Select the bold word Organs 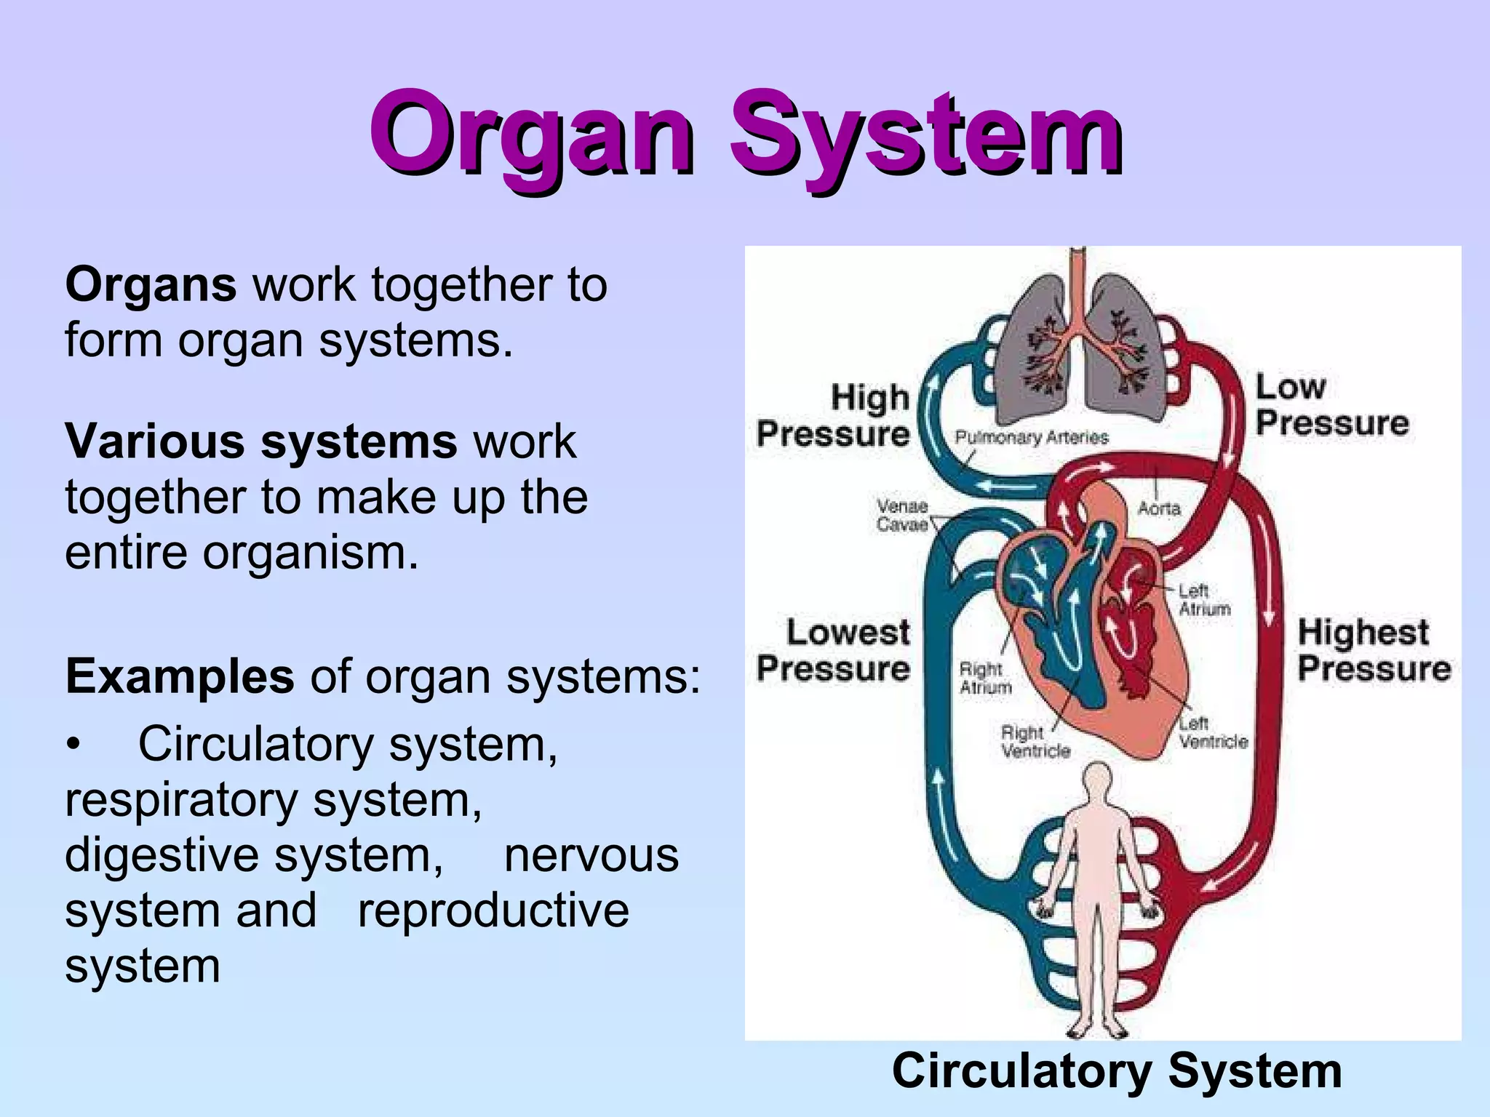[151, 284]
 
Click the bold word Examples [180, 676]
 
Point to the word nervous [591, 855]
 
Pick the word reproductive [493, 910]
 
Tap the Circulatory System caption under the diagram [1117, 1071]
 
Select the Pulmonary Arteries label [1031, 437]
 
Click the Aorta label [1158, 508]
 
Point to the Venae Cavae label [902, 515]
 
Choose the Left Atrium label [1204, 600]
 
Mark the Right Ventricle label [1035, 742]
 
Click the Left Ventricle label [1213, 732]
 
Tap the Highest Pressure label [1374, 650]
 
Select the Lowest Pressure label [834, 650]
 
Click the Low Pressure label [1331, 404]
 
